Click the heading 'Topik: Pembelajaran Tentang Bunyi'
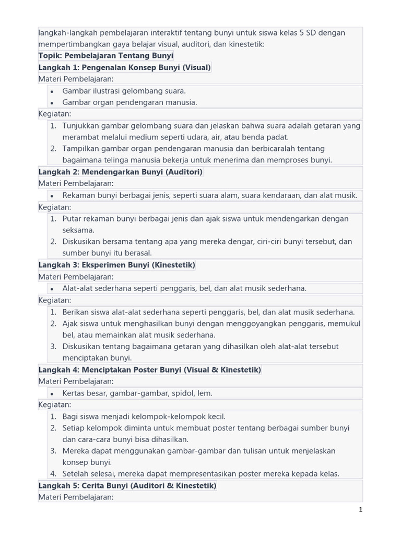pyautogui.click(x=105, y=56)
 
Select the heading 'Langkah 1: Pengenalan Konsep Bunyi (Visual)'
pyautogui.click(x=124, y=67)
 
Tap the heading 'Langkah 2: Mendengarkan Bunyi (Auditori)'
pyautogui.click(x=120, y=172)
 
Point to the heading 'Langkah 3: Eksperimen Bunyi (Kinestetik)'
pyautogui.click(x=116, y=265)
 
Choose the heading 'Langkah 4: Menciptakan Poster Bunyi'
pyautogui.click(x=149, y=370)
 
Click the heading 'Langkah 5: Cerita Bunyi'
pyautogui.click(x=127, y=486)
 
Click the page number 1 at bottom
pyautogui.click(x=360, y=510)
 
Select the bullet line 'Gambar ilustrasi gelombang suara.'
pyautogui.click(x=124, y=91)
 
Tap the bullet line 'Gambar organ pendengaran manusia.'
pyautogui.click(x=129, y=102)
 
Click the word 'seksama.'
pyautogui.click(x=78, y=230)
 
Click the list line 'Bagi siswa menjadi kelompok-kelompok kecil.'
pyautogui.click(x=144, y=416)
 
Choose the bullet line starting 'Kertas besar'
pyautogui.click(x=137, y=393)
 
